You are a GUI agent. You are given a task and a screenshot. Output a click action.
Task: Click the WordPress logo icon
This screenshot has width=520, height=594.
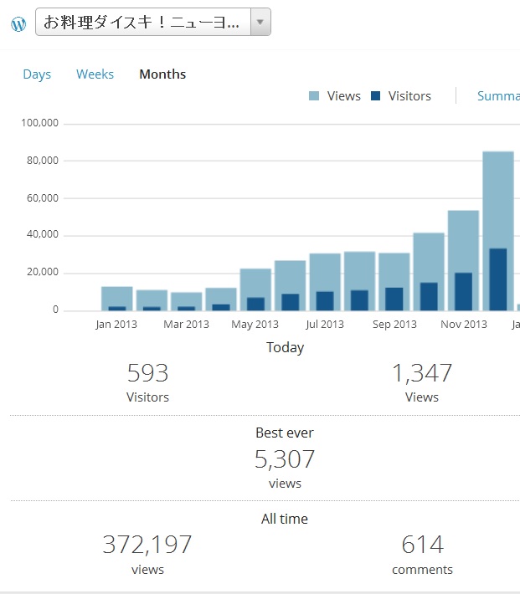click(x=18, y=24)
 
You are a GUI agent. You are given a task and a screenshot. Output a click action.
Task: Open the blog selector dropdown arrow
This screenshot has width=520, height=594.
click(x=260, y=23)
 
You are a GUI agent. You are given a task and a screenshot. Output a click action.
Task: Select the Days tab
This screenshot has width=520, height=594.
click(x=37, y=74)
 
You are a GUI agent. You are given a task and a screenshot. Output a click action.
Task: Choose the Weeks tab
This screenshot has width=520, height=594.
click(x=95, y=74)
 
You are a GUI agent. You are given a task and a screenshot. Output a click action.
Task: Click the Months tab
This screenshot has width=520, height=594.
click(x=162, y=74)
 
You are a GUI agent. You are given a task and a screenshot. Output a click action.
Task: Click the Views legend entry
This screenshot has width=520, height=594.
click(x=335, y=96)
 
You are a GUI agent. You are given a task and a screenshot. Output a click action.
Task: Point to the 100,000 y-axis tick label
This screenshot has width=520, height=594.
click(x=39, y=124)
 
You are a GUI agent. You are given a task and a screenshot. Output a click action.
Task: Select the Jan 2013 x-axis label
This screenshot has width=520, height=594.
click(x=116, y=325)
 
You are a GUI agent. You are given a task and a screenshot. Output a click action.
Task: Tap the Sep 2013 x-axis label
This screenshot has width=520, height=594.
click(x=394, y=325)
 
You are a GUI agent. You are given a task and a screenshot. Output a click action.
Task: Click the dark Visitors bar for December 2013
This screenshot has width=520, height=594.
click(x=498, y=279)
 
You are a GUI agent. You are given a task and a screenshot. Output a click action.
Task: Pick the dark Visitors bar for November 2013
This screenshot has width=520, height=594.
click(x=463, y=291)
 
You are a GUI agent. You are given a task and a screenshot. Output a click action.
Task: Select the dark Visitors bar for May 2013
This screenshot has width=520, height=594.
click(x=255, y=304)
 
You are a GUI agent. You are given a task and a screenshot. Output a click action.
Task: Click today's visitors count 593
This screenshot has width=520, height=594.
click(x=147, y=373)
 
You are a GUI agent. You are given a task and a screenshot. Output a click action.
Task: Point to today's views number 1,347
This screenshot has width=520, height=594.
click(x=422, y=373)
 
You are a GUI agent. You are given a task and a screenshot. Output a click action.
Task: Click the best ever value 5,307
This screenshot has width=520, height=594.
click(x=285, y=459)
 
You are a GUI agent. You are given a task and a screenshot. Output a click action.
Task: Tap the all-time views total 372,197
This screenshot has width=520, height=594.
click(x=147, y=545)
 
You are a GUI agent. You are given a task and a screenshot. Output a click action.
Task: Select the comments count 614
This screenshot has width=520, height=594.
click(x=422, y=545)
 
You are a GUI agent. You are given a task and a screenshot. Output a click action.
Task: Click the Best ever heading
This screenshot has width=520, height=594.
click(x=285, y=433)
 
